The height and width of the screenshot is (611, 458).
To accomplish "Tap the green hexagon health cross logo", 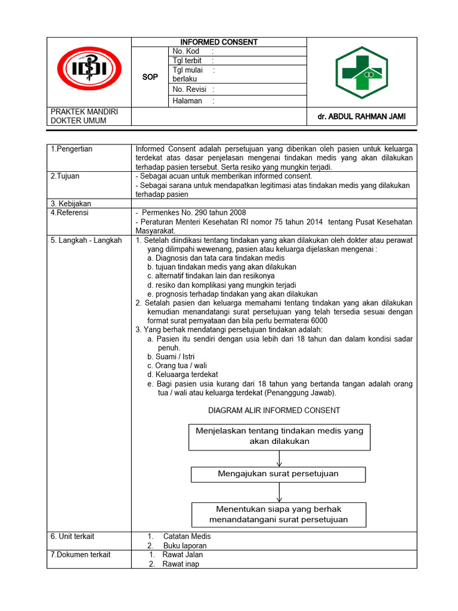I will pyautogui.click(x=361, y=72).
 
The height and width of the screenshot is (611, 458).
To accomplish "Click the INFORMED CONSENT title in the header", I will pyautogui.click(x=219, y=42).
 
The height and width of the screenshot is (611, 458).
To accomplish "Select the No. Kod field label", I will pyautogui.click(x=185, y=51).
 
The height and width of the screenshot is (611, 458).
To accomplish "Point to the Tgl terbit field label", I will pyautogui.click(x=187, y=61).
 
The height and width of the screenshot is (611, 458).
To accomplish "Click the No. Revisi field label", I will pyautogui.click(x=189, y=90).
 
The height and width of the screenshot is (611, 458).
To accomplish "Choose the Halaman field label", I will pyautogui.click(x=187, y=101).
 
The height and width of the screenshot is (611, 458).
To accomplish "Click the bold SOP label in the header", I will pyautogui.click(x=150, y=77).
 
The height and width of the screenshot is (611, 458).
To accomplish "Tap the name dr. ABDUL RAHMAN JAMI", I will pyautogui.click(x=361, y=117).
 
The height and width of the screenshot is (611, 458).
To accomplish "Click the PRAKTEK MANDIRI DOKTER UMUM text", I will pyautogui.click(x=84, y=116).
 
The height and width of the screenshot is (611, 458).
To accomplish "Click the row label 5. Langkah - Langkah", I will pyautogui.click(x=86, y=240).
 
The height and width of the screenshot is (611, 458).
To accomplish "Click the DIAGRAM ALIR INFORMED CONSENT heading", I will pyautogui.click(x=274, y=411).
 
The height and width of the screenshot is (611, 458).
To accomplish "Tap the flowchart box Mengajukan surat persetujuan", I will pyautogui.click(x=278, y=474).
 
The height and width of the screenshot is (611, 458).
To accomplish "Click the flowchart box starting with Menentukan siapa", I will pyautogui.click(x=278, y=514).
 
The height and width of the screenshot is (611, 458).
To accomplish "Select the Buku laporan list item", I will pyautogui.click(x=185, y=546).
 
